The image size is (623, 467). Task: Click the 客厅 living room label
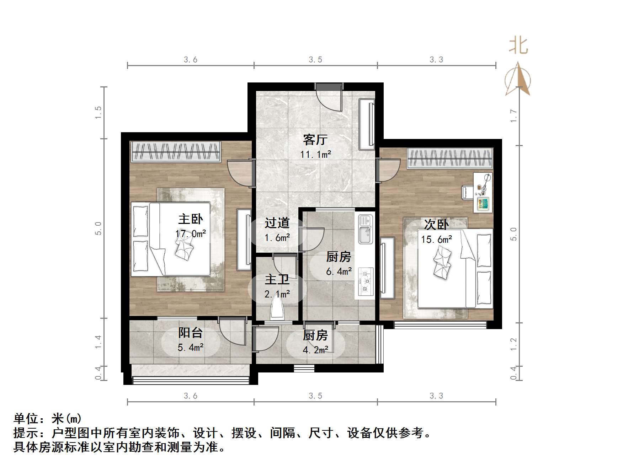pyautogui.click(x=315, y=140)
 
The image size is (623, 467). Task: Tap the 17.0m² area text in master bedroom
pyautogui.click(x=191, y=233)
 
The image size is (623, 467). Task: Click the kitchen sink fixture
pyautogui.click(x=365, y=229)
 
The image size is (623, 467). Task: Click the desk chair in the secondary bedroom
pyautogui.click(x=467, y=192)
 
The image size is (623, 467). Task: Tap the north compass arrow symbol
pyautogui.click(x=518, y=79)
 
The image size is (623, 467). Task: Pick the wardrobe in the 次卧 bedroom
pyautogui.click(x=450, y=158)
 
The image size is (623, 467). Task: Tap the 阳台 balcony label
pyautogui.click(x=190, y=333)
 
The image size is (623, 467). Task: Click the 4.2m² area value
pyautogui.click(x=315, y=350)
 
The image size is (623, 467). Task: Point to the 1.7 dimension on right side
pyautogui.click(x=513, y=116)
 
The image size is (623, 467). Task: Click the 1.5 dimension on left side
pyautogui.click(x=98, y=112)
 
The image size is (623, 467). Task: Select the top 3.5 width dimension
pyautogui.click(x=315, y=59)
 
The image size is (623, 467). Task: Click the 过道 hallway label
pyautogui.click(x=277, y=223)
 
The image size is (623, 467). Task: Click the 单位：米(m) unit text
pyautogui.click(x=48, y=418)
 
